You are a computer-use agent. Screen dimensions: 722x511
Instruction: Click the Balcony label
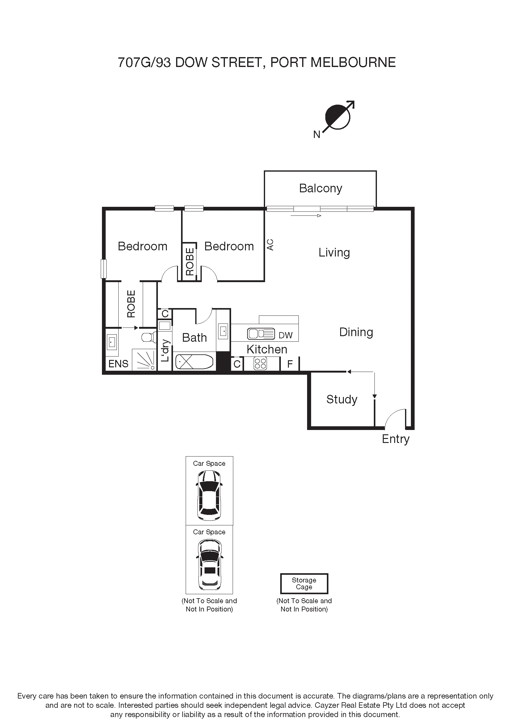click(x=320, y=188)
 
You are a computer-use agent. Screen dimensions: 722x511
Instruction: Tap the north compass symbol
click(x=338, y=117)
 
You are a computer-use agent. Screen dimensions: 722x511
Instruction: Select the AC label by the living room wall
click(x=270, y=245)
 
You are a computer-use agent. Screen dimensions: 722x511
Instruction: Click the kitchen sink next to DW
click(x=260, y=334)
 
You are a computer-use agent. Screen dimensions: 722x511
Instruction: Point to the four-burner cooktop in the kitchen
click(x=260, y=364)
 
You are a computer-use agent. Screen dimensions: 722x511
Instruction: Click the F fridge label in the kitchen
click(x=290, y=364)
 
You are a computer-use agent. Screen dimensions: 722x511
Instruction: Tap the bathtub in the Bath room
click(x=194, y=362)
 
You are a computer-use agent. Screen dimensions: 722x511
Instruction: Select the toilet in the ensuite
click(x=148, y=337)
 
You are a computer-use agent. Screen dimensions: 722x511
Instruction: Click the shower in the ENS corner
click(x=144, y=360)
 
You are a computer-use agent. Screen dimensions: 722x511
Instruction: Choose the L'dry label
click(x=165, y=350)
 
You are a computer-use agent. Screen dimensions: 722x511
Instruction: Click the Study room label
click(x=342, y=399)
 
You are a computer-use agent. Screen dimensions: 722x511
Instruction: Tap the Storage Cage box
click(x=304, y=584)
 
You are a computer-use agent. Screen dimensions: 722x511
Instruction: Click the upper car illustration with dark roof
click(x=209, y=495)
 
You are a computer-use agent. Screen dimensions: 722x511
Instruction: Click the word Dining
click(x=356, y=332)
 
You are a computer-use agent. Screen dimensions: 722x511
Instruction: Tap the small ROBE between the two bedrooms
click(x=190, y=262)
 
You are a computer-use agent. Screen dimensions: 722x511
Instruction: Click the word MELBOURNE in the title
click(x=353, y=62)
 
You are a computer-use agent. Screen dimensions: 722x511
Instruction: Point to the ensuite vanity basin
click(x=112, y=342)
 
